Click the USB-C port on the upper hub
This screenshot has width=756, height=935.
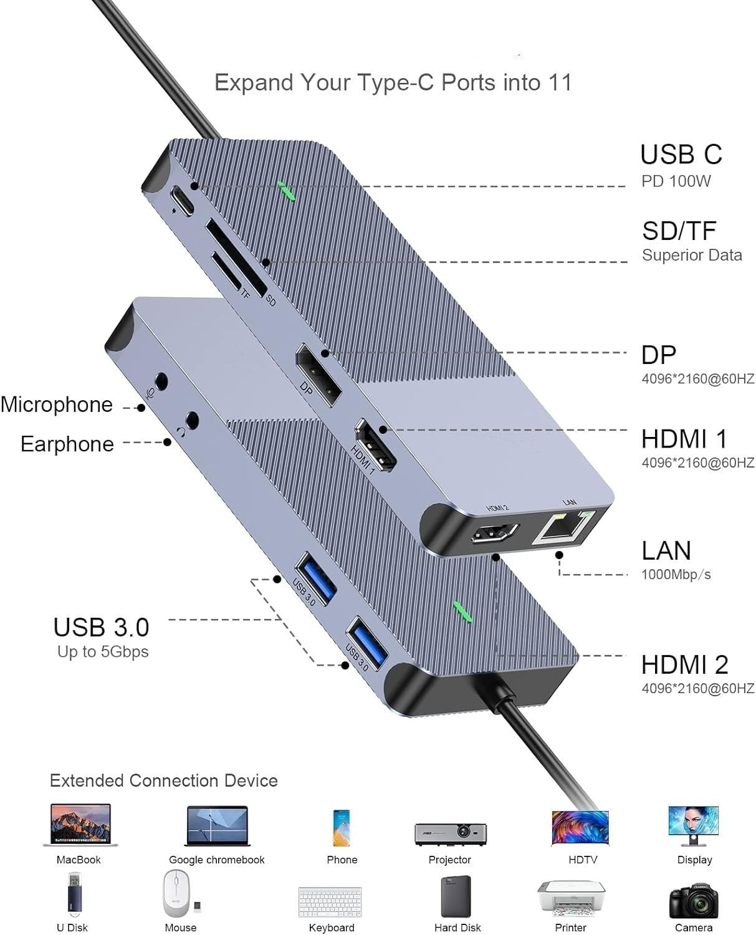(182, 198)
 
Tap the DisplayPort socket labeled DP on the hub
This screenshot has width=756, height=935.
(318, 374)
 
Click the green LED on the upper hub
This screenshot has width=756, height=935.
(286, 191)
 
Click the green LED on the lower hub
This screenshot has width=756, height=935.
(462, 611)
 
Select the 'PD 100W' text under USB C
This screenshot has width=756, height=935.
(676, 181)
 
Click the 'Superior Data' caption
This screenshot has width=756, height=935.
(692, 255)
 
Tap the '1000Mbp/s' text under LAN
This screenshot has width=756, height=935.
(676, 574)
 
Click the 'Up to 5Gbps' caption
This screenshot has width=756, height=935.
(103, 652)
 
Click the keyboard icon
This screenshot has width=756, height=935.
(331, 901)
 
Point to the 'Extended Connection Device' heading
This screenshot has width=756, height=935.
(164, 780)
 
